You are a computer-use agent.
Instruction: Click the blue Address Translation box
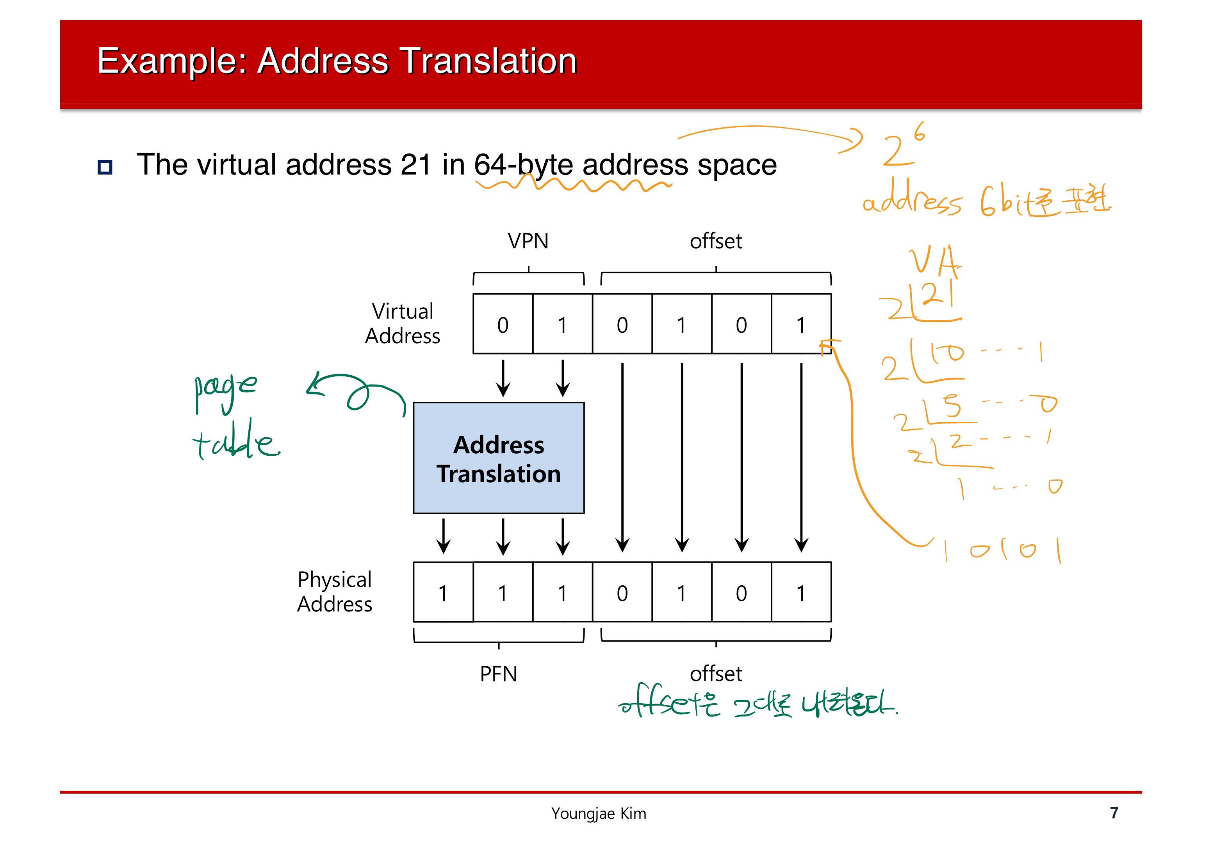498,458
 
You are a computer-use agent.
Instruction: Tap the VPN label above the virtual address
528,241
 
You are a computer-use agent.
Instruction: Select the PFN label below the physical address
498,674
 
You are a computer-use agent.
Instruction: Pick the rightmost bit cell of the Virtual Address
800,324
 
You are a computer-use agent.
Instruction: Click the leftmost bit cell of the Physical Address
443,593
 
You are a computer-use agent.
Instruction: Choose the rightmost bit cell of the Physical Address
800,593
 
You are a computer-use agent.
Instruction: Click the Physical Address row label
335,592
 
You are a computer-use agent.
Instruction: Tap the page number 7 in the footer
1114,813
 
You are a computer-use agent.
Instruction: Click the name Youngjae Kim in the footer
598,813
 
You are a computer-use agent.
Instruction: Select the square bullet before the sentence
105,168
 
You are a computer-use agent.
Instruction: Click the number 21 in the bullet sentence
416,165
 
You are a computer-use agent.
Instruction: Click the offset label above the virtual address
715,241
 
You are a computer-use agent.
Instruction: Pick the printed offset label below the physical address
715,674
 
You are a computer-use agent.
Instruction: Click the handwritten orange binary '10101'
1002,550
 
